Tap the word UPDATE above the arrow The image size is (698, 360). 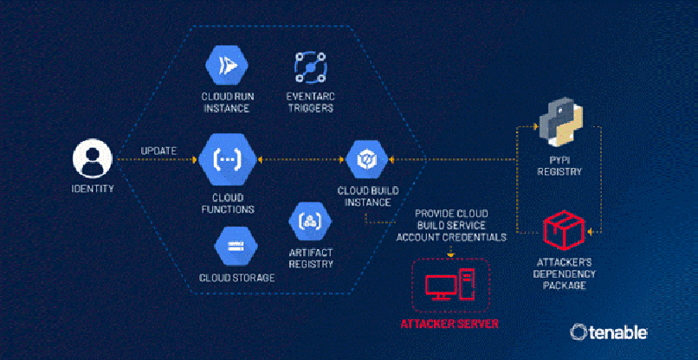click(158, 151)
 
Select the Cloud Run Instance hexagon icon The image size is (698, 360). click(227, 66)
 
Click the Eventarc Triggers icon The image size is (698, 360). click(308, 66)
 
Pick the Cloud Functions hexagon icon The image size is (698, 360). click(227, 160)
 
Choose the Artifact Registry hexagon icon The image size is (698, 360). click(308, 221)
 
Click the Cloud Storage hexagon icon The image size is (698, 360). click(236, 246)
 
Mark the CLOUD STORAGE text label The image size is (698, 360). click(236, 278)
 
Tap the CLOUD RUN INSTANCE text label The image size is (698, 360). click(227, 102)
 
